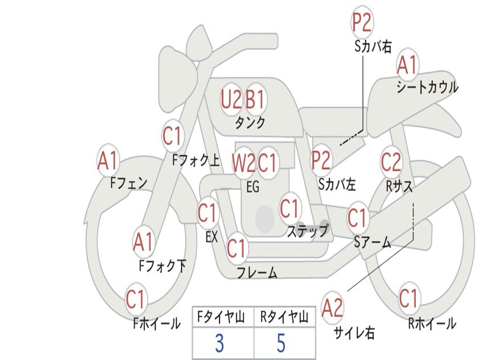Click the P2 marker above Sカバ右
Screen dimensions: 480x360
point(362,22)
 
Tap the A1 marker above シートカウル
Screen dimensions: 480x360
point(407,65)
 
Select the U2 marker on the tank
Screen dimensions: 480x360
point(231,99)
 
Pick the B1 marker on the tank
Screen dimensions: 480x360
point(255,99)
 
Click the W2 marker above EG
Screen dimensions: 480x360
point(243,162)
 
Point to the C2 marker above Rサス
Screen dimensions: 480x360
point(391,162)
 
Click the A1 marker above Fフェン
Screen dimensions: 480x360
point(108,160)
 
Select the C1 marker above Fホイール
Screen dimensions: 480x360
point(135,299)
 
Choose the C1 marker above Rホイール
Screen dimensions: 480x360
point(408,298)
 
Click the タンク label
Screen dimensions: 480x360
point(250,123)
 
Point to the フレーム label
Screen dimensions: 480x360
point(257,272)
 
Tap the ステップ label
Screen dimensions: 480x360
point(307,230)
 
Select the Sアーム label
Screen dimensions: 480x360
point(373,242)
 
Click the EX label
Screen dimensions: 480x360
point(212,237)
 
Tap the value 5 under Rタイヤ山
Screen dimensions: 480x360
point(281,343)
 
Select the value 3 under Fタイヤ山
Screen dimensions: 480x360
point(219,343)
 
